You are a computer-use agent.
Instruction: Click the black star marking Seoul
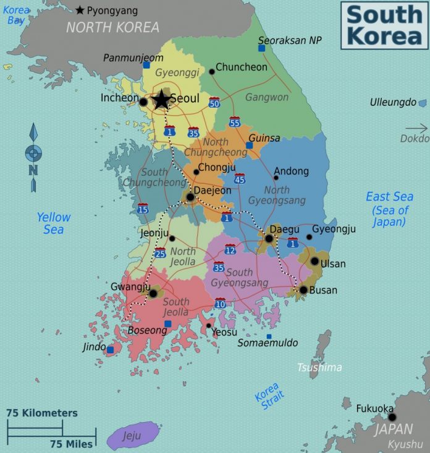click(x=161, y=100)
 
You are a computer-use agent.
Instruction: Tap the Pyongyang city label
click(x=112, y=11)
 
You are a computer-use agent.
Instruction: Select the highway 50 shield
click(x=214, y=102)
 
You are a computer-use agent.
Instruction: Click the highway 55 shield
click(x=235, y=122)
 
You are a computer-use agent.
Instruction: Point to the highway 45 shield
click(x=240, y=179)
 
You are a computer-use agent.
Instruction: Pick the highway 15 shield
click(x=143, y=209)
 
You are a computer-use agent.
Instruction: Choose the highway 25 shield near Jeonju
click(x=160, y=252)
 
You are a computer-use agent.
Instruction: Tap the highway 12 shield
click(x=230, y=249)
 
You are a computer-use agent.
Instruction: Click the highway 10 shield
click(x=220, y=303)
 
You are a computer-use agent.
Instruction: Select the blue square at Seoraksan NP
click(x=261, y=48)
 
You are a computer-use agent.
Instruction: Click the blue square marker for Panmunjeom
click(x=146, y=64)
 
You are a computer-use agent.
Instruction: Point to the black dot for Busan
click(x=303, y=290)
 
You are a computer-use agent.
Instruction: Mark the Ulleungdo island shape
click(x=423, y=103)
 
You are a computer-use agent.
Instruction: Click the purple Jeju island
click(x=132, y=435)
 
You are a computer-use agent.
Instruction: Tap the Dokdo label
click(x=414, y=139)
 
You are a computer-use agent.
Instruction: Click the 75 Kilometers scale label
click(x=42, y=413)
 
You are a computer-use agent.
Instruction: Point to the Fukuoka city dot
click(x=392, y=417)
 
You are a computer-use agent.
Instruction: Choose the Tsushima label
click(x=319, y=368)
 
